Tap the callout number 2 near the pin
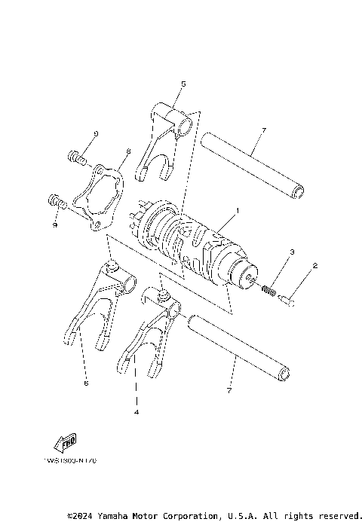314,266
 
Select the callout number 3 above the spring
292,251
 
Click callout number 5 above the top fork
183,84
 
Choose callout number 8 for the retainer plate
129,151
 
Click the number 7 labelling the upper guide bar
264,130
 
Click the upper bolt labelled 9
74,157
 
